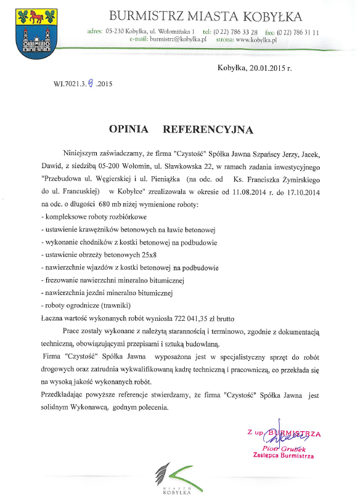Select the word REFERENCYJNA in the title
click(208, 129)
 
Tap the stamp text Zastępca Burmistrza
click(284, 456)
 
